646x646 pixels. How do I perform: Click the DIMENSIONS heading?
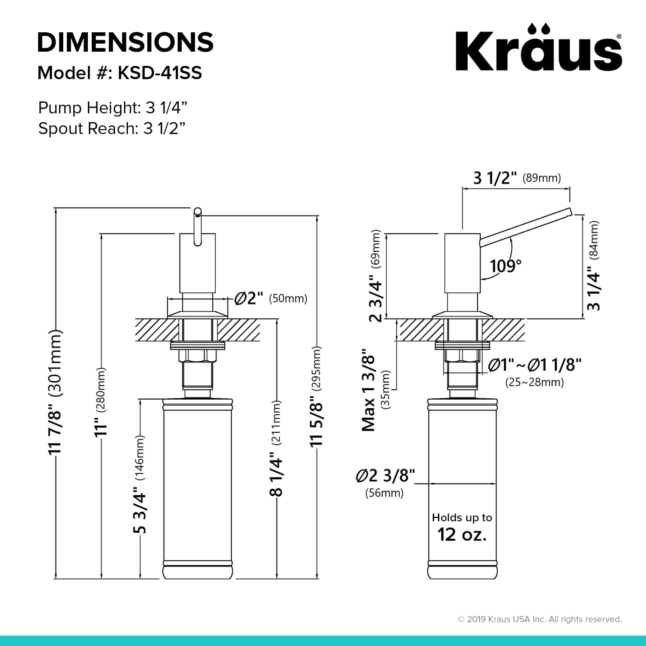[x=125, y=42]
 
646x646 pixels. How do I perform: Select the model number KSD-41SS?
[x=160, y=73]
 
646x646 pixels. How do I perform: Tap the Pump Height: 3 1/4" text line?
[x=113, y=108]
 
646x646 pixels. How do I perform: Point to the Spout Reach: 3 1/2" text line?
[x=112, y=128]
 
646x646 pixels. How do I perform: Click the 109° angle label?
[x=506, y=266]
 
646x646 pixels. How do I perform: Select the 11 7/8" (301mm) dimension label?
[x=56, y=392]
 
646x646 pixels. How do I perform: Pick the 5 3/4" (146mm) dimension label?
[x=140, y=484]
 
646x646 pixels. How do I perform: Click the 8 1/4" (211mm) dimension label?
[x=276, y=448]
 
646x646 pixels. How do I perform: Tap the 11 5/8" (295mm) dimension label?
[x=317, y=396]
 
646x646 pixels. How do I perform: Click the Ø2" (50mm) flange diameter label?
[x=270, y=298]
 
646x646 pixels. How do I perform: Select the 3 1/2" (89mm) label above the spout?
[x=517, y=178]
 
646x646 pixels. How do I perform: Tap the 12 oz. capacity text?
[x=462, y=534]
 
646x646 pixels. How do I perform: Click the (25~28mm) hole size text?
[x=534, y=382]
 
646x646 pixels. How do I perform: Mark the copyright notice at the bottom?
[x=539, y=619]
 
